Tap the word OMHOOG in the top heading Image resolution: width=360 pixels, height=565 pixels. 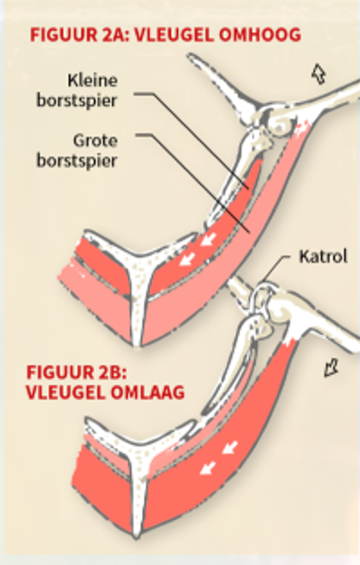click(260, 34)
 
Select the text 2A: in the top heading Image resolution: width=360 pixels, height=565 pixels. click(116, 34)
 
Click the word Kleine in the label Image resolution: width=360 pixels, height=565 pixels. click(93, 81)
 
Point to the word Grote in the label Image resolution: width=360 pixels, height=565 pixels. click(96, 141)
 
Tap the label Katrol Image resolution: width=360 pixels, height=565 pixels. click(323, 256)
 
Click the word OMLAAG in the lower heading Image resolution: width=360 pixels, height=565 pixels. click(148, 393)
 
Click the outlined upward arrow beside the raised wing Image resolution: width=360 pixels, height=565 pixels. click(318, 74)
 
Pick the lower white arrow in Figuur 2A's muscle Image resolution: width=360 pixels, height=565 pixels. click(187, 259)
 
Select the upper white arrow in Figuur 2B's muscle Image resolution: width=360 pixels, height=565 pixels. click(230, 447)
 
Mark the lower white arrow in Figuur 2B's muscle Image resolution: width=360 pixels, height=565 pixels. click(208, 468)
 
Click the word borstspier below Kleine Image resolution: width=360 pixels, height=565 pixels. click(77, 101)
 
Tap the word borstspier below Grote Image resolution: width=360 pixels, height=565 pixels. click(77, 161)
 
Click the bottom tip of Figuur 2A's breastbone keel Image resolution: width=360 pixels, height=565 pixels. click(137, 348)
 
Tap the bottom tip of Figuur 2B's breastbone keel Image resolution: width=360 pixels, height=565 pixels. click(136, 537)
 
